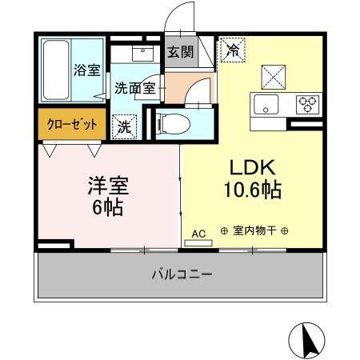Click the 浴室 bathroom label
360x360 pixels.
(87, 70)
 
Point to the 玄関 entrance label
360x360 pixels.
(180, 53)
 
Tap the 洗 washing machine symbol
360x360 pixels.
(126, 125)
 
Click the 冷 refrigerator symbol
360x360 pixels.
(232, 50)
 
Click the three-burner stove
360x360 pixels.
(306, 103)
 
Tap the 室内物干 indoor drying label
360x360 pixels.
(254, 232)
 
